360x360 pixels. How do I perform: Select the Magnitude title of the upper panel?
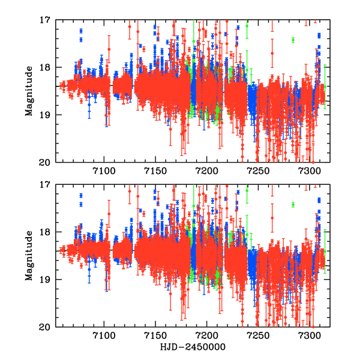(29, 90)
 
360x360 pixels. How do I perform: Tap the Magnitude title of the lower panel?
(29, 255)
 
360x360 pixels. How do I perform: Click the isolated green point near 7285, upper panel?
(293, 40)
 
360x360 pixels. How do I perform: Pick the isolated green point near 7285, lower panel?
(293, 205)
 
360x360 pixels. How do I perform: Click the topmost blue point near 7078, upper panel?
(81, 31)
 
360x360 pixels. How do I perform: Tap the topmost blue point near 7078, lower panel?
(81, 196)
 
